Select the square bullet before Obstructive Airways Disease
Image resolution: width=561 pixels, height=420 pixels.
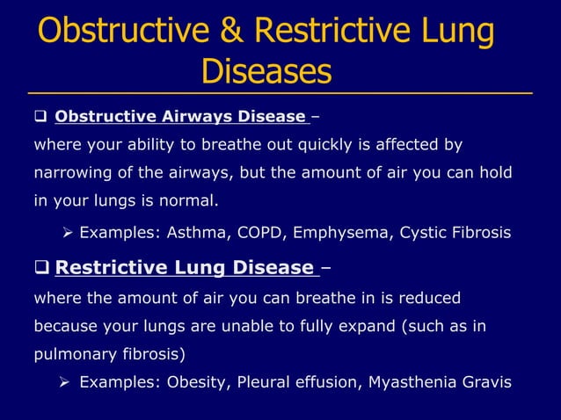40,116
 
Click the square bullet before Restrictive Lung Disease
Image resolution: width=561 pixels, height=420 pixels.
41,267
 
